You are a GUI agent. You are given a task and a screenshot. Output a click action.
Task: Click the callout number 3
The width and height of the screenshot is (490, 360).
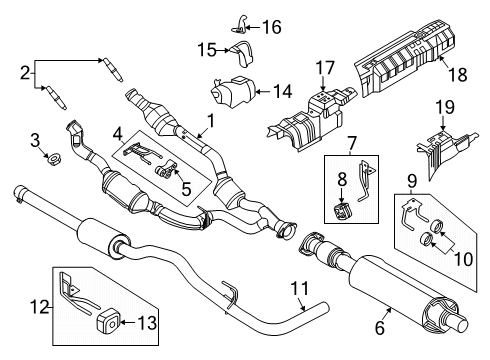coord(33,138)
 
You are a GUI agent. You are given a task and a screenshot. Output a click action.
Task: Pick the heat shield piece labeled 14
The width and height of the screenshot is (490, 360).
coord(232,92)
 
